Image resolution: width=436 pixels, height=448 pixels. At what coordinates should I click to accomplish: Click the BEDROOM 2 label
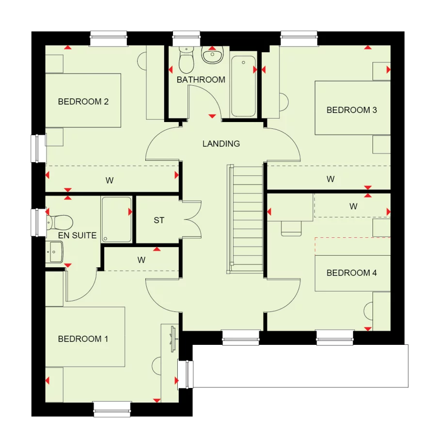click(x=83, y=102)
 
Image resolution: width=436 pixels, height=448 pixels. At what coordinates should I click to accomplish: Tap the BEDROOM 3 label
click(x=351, y=110)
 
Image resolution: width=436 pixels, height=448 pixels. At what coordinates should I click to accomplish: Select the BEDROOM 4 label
click(x=351, y=273)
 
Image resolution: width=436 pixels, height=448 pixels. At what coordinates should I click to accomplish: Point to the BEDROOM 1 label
click(x=83, y=339)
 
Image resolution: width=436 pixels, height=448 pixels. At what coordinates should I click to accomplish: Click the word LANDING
click(x=221, y=144)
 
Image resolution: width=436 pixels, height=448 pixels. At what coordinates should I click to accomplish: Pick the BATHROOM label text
click(x=201, y=79)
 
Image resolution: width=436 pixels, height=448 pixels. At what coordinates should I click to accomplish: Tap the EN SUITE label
click(x=77, y=235)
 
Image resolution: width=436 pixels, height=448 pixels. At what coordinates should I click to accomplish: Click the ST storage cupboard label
click(x=159, y=220)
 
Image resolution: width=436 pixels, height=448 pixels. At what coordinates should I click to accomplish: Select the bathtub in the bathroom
click(x=243, y=86)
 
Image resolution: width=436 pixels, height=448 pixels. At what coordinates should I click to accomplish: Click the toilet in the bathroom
click(x=186, y=60)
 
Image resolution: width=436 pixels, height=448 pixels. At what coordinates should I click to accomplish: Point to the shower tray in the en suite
click(x=116, y=219)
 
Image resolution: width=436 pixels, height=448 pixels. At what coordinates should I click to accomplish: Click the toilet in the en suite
click(x=60, y=222)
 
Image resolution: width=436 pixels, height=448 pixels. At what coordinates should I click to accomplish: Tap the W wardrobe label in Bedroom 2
click(x=109, y=181)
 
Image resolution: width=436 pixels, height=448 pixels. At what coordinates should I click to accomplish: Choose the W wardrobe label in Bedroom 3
click(x=330, y=179)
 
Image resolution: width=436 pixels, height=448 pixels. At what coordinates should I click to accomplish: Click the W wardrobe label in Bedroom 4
click(x=354, y=206)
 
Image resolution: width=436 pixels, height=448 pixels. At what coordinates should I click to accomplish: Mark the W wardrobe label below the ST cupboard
click(x=141, y=260)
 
